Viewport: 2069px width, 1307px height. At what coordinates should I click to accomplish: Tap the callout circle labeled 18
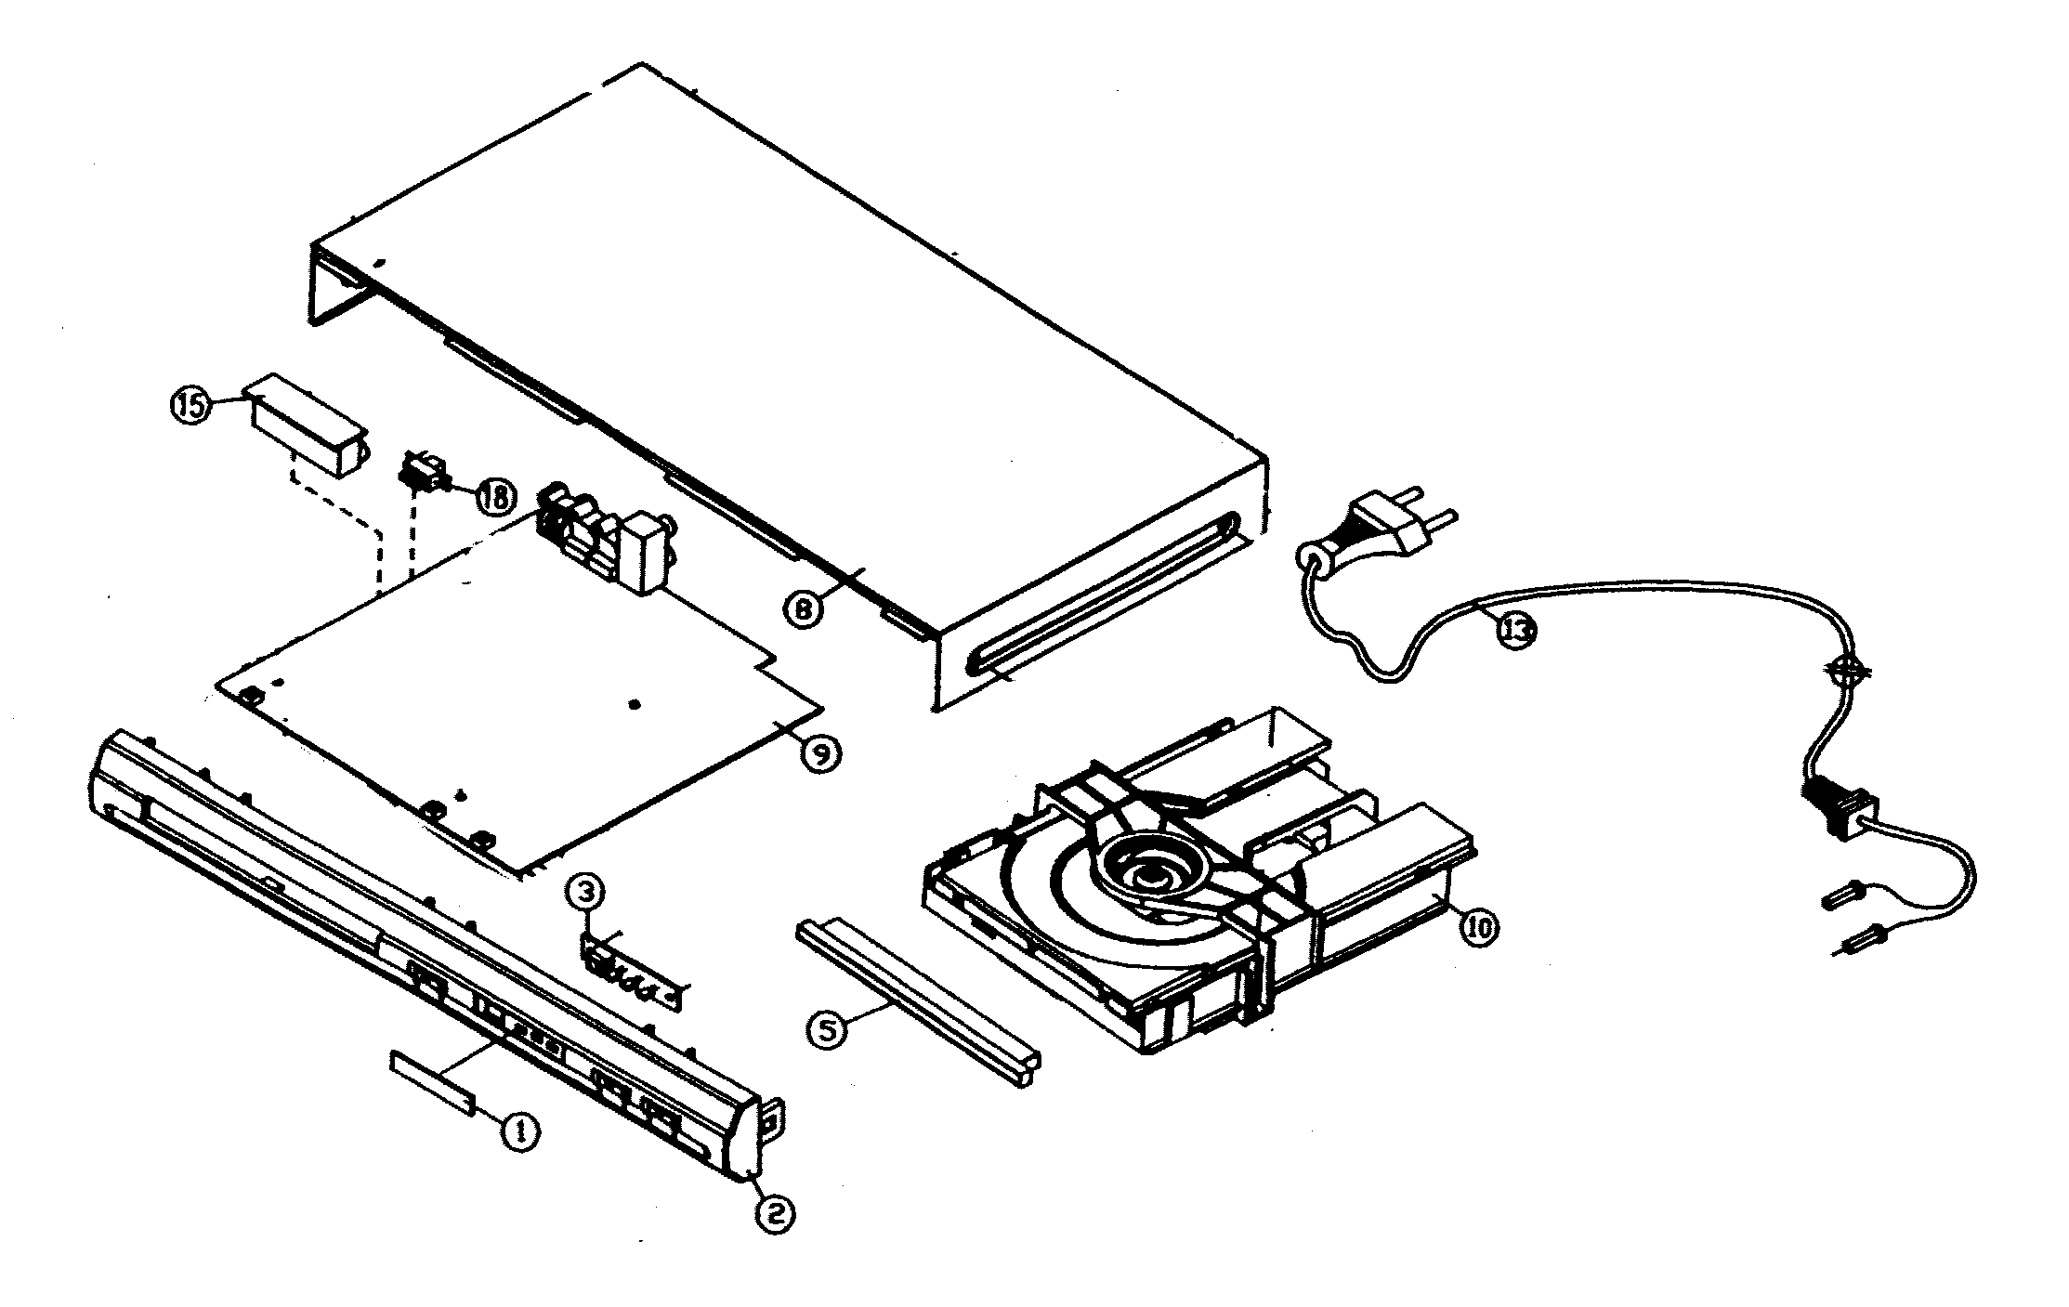(494, 496)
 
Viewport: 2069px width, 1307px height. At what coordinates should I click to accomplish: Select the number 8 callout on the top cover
(804, 610)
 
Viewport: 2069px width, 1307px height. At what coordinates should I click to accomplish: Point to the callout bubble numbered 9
(824, 752)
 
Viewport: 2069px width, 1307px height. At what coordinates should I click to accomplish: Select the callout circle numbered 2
(775, 1212)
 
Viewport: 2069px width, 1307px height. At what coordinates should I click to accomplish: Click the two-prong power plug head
(1384, 525)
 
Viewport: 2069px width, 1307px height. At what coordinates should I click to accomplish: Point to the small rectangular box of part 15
(307, 425)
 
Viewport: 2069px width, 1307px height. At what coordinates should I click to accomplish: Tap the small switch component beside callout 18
(423, 474)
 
